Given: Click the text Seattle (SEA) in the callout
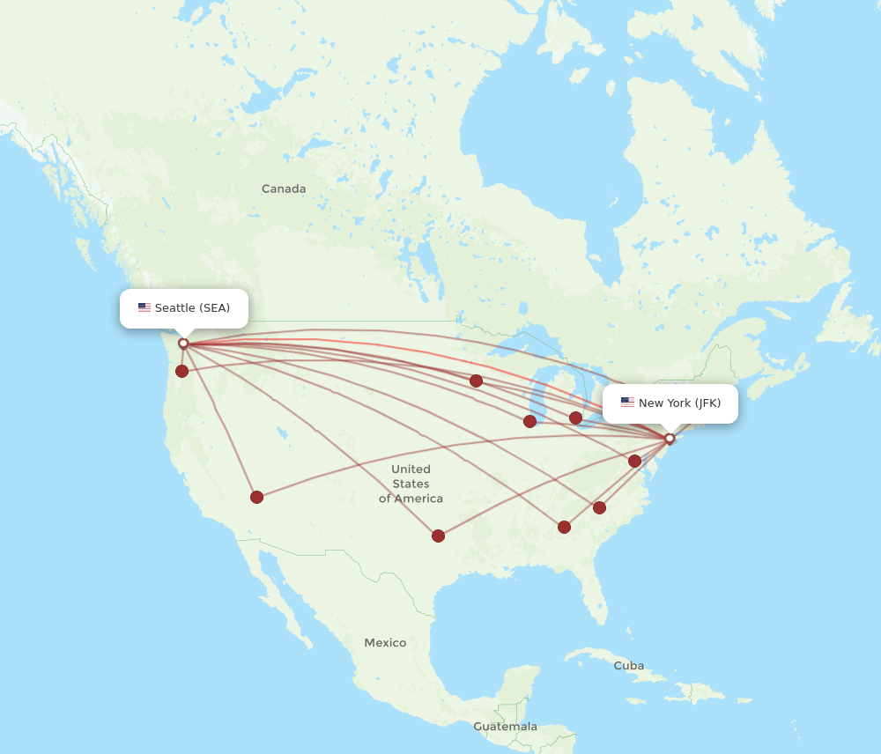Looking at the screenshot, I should [x=192, y=307].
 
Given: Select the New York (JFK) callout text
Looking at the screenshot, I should [x=679, y=403].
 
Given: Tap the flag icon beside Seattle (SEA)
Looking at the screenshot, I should [x=144, y=307].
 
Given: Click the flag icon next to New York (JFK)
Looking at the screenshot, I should [x=627, y=403].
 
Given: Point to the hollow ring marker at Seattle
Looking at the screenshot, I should [x=183, y=344].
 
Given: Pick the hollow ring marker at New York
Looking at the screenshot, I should [x=670, y=439].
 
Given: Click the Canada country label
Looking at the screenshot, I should [x=284, y=188].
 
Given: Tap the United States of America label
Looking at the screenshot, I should [x=411, y=484].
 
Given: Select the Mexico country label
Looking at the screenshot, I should [x=385, y=642].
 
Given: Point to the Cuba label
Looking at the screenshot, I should [x=628, y=665].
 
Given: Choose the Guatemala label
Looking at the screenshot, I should [x=505, y=726].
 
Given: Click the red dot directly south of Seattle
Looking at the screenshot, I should [x=181, y=371].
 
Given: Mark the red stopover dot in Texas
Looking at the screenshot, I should [x=438, y=536].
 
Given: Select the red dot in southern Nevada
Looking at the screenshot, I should [x=256, y=497].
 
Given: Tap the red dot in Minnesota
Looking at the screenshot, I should [x=476, y=381].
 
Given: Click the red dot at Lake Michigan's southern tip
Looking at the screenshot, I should [x=529, y=421].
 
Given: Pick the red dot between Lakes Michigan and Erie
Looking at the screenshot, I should [x=575, y=418].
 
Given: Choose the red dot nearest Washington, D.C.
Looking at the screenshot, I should [x=634, y=461].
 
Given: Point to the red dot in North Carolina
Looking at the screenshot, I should [x=599, y=507].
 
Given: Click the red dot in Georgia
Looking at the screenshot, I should [x=564, y=527].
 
